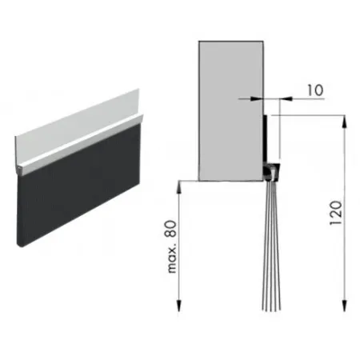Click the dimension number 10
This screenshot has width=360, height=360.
315,90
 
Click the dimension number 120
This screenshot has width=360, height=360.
336,213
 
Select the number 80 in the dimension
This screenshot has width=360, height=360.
171,229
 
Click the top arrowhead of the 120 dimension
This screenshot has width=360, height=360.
345,122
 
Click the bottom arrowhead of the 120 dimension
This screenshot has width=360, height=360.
345,305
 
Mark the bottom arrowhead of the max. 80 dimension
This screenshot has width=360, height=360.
178,305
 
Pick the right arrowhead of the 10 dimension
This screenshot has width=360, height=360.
286,99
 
